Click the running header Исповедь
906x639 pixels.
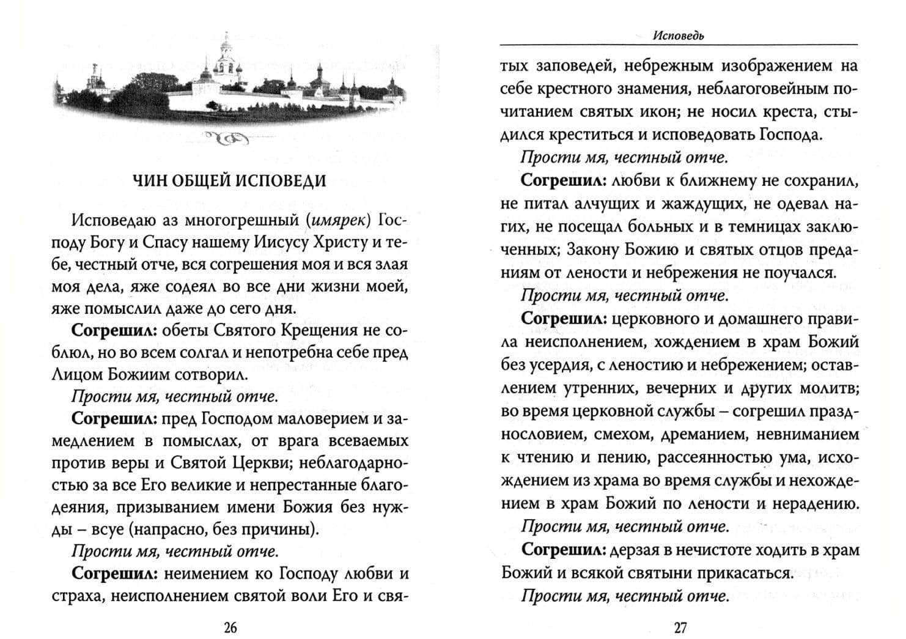click(x=679, y=35)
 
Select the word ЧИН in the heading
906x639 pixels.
click(x=149, y=181)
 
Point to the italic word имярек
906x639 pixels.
click(x=339, y=220)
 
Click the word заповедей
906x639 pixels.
click(x=575, y=66)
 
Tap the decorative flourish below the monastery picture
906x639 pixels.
click(x=228, y=141)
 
